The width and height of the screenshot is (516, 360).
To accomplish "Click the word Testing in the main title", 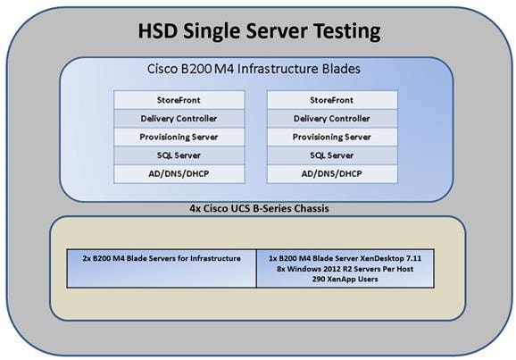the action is (347, 31).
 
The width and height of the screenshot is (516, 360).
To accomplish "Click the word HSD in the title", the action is (158, 31).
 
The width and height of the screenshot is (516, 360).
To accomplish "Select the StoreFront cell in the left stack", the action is (179, 100).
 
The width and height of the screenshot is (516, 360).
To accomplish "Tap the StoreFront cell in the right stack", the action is (332, 100).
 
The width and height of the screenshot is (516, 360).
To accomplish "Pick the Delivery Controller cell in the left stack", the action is (179, 119).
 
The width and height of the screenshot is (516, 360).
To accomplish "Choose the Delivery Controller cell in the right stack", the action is (332, 119).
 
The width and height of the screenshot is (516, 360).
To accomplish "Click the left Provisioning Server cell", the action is (179, 137).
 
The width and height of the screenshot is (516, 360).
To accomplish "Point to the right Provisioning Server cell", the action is (332, 137).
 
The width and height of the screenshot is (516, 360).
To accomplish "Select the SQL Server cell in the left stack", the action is (179, 155).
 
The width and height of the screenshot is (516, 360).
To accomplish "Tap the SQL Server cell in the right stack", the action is (332, 155).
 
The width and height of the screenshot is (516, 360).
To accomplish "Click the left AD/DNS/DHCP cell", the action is (179, 174).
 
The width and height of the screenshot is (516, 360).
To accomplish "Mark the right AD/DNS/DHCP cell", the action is (332, 174).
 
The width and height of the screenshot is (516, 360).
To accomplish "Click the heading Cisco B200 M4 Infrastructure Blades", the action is (254, 69).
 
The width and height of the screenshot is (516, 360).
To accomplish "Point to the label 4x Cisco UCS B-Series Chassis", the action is (259, 208).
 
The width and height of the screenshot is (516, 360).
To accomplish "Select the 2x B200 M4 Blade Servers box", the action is (162, 268).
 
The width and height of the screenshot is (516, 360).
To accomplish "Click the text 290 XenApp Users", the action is (345, 280).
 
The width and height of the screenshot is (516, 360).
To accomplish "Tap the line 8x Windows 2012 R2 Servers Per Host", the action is (345, 269).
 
